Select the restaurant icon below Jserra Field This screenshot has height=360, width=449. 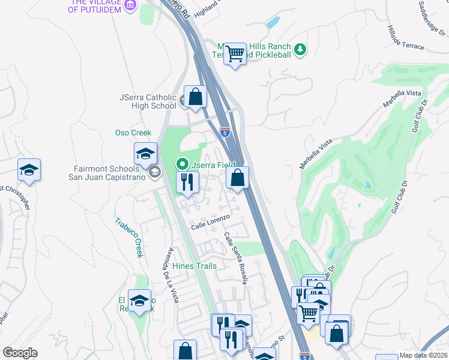pos(187,182)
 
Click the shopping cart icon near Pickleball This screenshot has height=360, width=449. pos(235,54)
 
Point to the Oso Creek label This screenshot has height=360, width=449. pos(133,133)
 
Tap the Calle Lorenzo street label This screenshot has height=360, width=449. pos(211,226)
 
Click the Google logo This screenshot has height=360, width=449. pos(20,353)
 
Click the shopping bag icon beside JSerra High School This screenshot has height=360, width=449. pos(196,96)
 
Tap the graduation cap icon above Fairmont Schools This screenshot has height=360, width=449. pos(145,154)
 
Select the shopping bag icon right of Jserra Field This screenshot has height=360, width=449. pos(238,178)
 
